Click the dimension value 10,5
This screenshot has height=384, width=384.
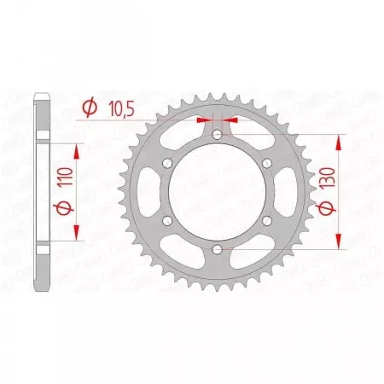pyautogui.click(x=119, y=108)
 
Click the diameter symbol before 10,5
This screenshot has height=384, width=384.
pyautogui.click(x=88, y=108)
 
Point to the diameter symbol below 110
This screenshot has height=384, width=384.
pyautogui.click(x=62, y=209)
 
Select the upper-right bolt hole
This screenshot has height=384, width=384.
pyautogui.click(x=266, y=163)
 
